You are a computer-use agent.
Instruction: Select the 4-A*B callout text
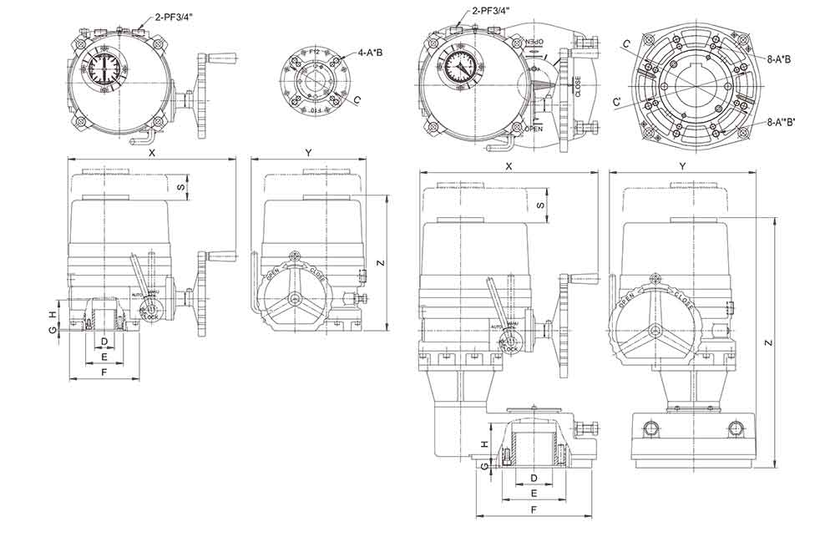[x=371, y=53]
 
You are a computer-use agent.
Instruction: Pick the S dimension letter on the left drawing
[x=182, y=188]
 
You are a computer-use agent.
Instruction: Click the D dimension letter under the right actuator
[x=534, y=478]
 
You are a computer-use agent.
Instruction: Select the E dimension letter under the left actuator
[x=104, y=357]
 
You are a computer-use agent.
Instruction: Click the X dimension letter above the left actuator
[x=151, y=153]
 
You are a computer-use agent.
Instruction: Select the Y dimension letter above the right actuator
[x=682, y=166]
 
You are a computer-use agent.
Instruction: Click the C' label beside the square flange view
[x=616, y=102]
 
